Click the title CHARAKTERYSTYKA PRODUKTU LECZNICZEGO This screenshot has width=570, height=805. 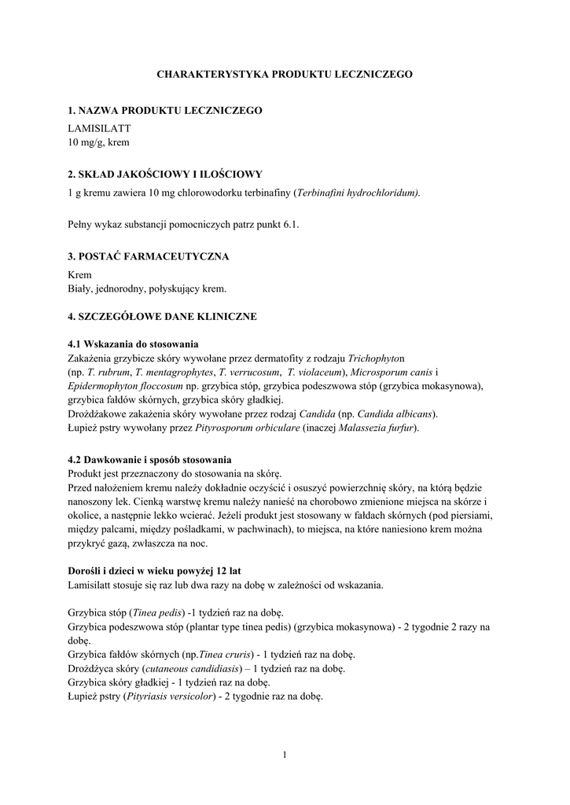pyautogui.click(x=285, y=74)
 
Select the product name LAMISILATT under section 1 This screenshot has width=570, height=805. pyautogui.click(x=99, y=128)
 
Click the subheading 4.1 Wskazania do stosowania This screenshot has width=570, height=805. pyautogui.click(x=133, y=344)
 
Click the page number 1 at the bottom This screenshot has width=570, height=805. pyautogui.click(x=285, y=756)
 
